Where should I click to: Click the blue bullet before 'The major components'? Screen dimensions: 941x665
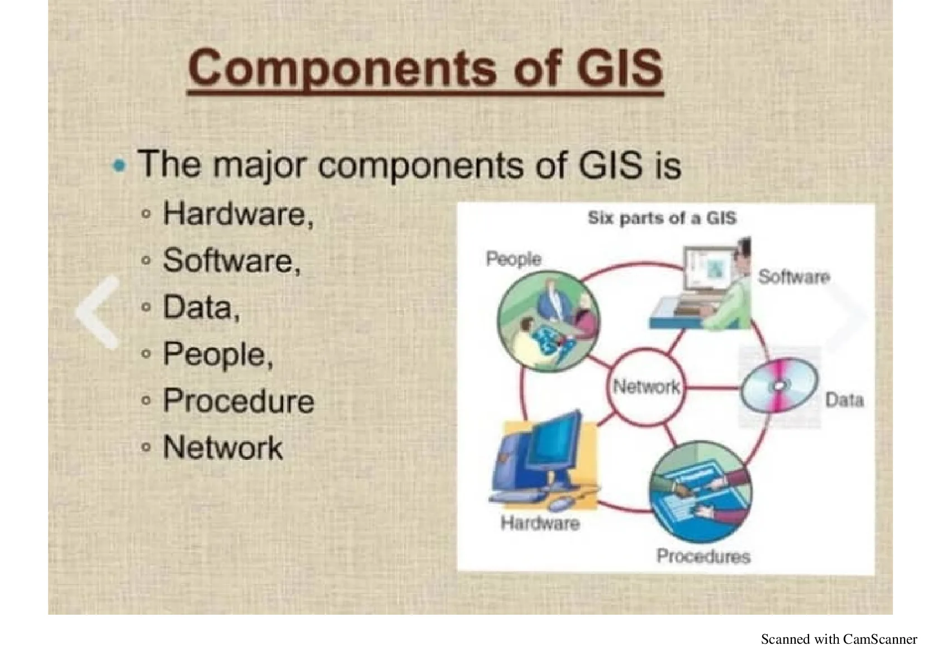pos(120,165)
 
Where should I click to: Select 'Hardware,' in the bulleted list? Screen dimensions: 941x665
pos(239,214)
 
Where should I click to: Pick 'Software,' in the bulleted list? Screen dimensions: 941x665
pos(232,260)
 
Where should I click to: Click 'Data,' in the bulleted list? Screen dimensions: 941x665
pos(202,307)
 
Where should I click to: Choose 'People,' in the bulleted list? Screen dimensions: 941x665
pos(218,355)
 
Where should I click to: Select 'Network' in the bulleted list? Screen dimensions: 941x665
pos(222,447)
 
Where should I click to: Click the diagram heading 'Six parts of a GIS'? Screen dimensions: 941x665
pos(662,218)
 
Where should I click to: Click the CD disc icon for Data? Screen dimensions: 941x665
pos(780,385)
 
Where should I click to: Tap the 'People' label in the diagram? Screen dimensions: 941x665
pos(514,259)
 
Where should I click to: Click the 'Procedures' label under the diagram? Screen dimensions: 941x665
pos(704,556)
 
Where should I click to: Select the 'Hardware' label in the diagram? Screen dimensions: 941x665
pos(540,523)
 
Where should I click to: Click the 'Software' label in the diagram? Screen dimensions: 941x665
pos(794,277)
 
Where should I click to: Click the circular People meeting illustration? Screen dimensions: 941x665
pos(549,321)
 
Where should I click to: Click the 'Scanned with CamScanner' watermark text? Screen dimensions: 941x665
pos(839,639)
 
